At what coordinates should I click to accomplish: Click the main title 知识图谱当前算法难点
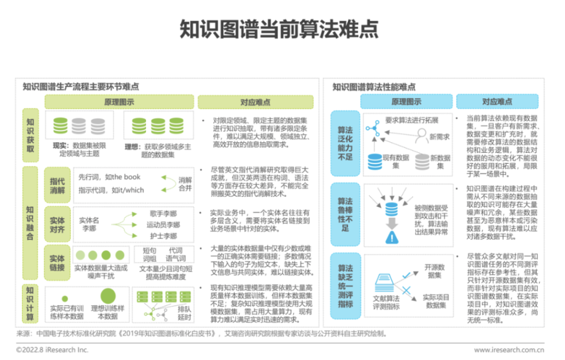point(282,30)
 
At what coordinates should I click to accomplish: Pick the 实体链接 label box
point(58,263)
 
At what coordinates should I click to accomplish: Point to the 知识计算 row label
point(30,304)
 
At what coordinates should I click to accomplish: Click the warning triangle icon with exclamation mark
point(391,238)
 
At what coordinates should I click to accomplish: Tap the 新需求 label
point(439,137)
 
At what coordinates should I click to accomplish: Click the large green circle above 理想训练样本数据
point(108,296)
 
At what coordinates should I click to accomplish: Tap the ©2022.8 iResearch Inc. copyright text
point(52,350)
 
